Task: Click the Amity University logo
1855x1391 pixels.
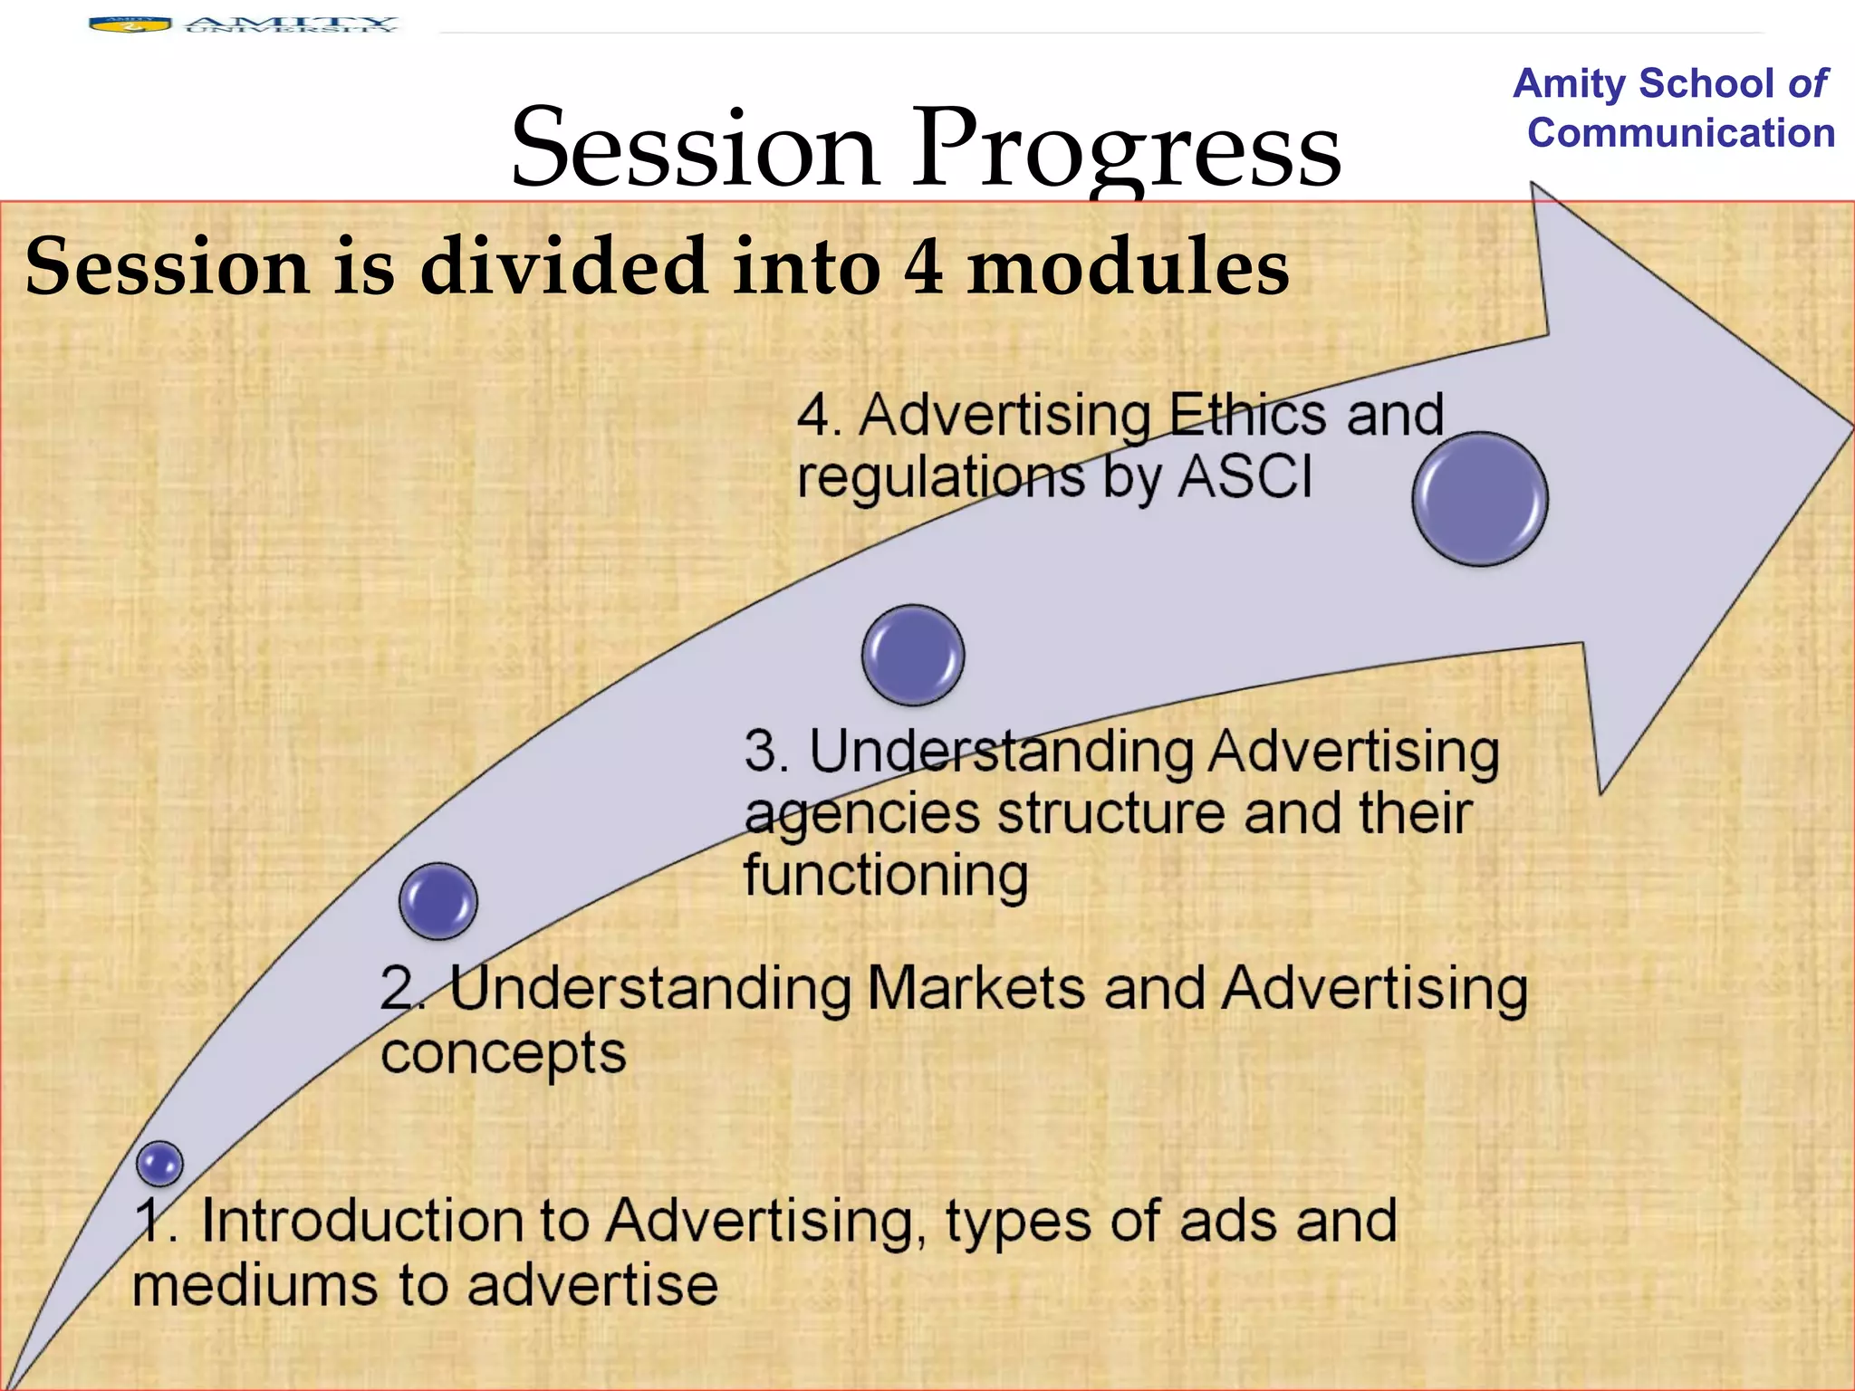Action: pyautogui.click(x=243, y=24)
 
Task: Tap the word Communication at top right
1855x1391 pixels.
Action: pyautogui.click(x=1681, y=133)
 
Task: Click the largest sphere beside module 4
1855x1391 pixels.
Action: pyautogui.click(x=1480, y=499)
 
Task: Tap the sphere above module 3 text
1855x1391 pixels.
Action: pyautogui.click(x=913, y=655)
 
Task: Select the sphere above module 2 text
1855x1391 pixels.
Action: pyautogui.click(x=438, y=901)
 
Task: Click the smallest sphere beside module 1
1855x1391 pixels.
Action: pyautogui.click(x=160, y=1164)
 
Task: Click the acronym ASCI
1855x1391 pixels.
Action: pyautogui.click(x=1245, y=476)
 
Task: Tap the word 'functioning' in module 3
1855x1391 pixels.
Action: pyautogui.click(x=886, y=875)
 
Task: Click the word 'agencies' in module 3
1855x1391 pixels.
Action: pyautogui.click(x=861, y=813)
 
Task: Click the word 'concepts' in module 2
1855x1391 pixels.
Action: pyautogui.click(x=504, y=1053)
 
